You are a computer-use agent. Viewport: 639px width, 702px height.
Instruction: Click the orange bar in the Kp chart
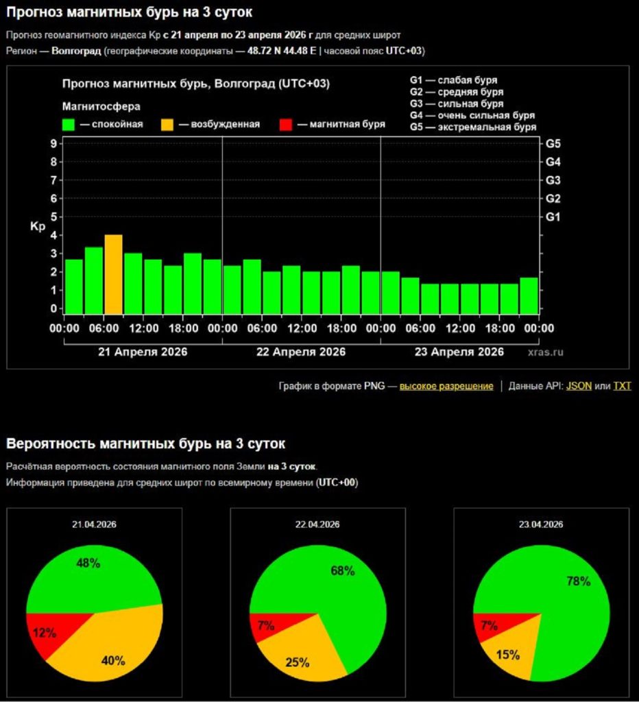(x=113, y=274)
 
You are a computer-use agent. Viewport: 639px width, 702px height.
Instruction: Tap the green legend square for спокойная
(x=69, y=124)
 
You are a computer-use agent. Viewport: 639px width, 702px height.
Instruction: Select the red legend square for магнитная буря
(x=287, y=124)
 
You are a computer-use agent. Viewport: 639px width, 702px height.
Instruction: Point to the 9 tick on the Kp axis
(x=53, y=143)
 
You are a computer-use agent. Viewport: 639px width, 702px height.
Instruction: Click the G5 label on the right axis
(x=553, y=143)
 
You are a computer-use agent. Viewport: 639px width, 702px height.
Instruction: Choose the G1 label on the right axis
(x=553, y=217)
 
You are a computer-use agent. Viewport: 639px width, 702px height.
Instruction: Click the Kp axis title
(x=37, y=226)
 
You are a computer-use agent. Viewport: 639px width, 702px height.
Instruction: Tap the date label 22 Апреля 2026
(x=301, y=352)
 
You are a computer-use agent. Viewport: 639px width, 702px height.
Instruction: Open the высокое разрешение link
(x=446, y=386)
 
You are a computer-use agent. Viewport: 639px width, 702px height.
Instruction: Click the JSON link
(x=579, y=386)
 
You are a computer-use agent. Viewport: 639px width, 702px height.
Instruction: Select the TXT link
(x=622, y=386)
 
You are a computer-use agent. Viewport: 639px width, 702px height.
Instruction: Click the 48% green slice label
(x=88, y=564)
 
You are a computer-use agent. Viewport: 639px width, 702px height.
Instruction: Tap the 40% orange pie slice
(x=113, y=661)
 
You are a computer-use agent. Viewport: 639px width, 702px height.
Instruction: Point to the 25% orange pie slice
(x=298, y=662)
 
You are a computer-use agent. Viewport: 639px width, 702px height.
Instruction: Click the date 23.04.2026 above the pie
(x=542, y=524)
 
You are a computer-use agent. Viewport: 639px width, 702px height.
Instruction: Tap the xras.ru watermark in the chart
(x=546, y=352)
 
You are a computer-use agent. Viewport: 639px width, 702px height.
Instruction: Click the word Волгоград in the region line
(x=76, y=51)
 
